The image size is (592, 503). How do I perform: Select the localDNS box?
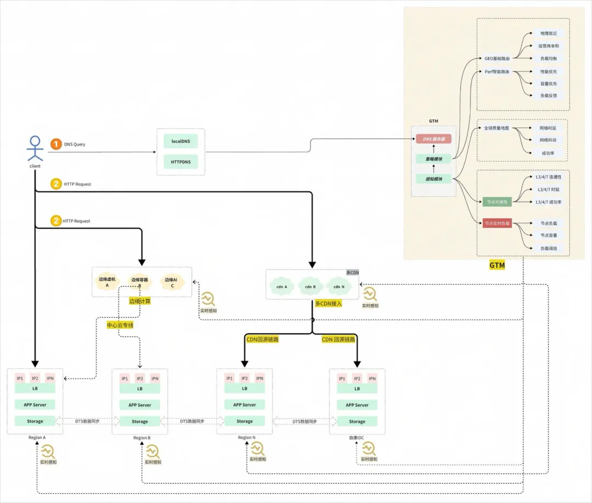click(180, 141)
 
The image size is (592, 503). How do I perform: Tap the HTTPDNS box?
click(180, 162)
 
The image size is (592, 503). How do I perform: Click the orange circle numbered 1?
click(56, 144)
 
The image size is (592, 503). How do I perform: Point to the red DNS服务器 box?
click(434, 139)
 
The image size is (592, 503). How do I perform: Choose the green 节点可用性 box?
click(497, 202)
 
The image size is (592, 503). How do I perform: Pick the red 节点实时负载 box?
click(497, 223)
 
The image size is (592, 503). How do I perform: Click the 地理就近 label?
click(548, 34)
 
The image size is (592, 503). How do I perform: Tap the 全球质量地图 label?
click(496, 128)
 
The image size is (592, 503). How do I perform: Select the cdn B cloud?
click(310, 286)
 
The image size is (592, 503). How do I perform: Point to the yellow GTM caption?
click(497, 265)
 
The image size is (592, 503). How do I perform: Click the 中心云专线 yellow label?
click(120, 325)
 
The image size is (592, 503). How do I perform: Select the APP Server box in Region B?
click(140, 405)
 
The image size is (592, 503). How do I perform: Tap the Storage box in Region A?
click(35, 421)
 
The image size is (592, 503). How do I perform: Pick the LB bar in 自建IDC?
click(357, 388)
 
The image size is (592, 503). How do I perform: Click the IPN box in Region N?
click(260, 378)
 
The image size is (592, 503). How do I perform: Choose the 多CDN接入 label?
click(328, 303)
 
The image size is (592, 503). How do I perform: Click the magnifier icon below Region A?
click(48, 452)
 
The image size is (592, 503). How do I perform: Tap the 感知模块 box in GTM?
click(434, 179)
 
